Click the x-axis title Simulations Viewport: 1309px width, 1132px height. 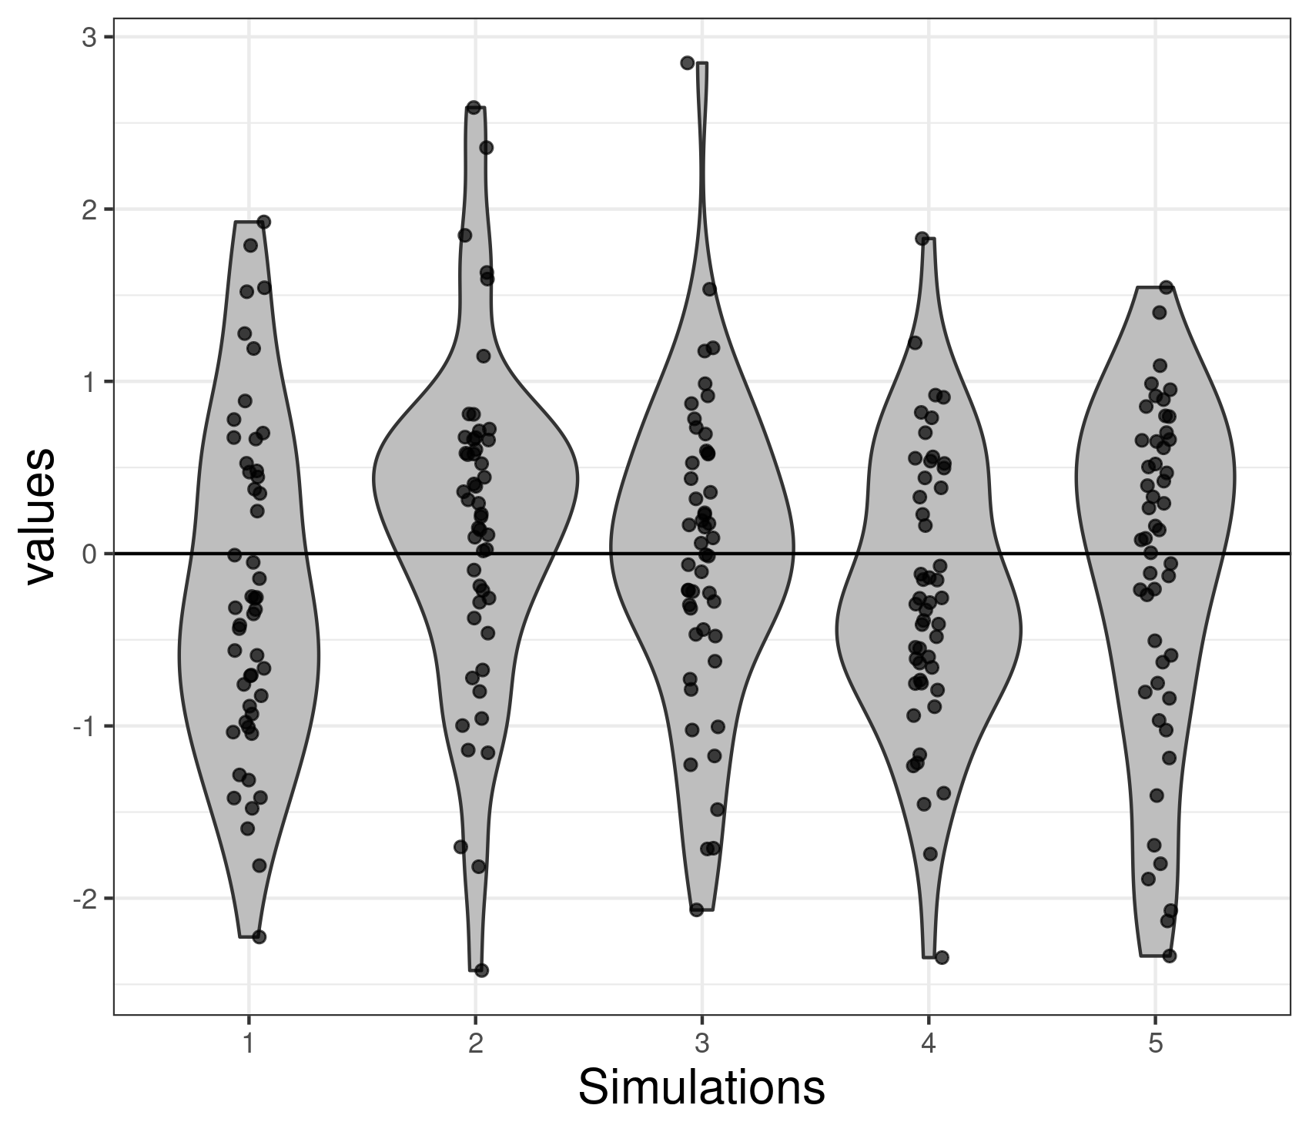(701, 1088)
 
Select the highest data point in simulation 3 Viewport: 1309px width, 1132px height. (688, 63)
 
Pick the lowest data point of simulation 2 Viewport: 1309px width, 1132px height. (481, 970)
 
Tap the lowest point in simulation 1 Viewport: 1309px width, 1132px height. (259, 936)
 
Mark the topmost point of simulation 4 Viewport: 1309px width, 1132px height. (922, 239)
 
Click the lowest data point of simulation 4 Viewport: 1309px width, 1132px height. (942, 957)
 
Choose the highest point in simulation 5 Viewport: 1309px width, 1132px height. (1166, 287)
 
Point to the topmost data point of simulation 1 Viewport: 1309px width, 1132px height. (263, 222)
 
